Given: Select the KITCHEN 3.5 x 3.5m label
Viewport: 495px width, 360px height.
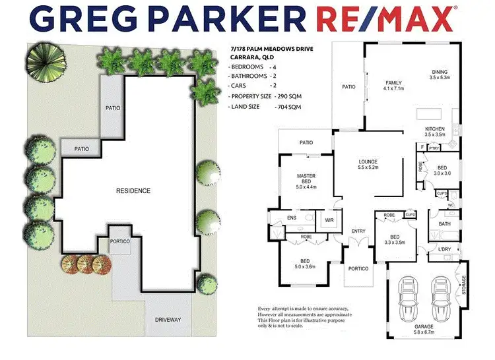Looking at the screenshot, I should point(436,131).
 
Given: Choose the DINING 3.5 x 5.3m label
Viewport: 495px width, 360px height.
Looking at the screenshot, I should point(440,75).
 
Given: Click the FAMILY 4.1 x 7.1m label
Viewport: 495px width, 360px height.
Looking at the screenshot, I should point(393,85).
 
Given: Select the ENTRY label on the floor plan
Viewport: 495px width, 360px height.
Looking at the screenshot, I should point(358,231).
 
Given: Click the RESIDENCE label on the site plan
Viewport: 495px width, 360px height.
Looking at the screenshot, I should point(133,191).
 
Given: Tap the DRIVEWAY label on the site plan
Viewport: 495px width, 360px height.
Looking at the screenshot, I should point(168,320).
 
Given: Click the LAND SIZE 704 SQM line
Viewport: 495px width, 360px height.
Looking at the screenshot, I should point(265,107).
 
